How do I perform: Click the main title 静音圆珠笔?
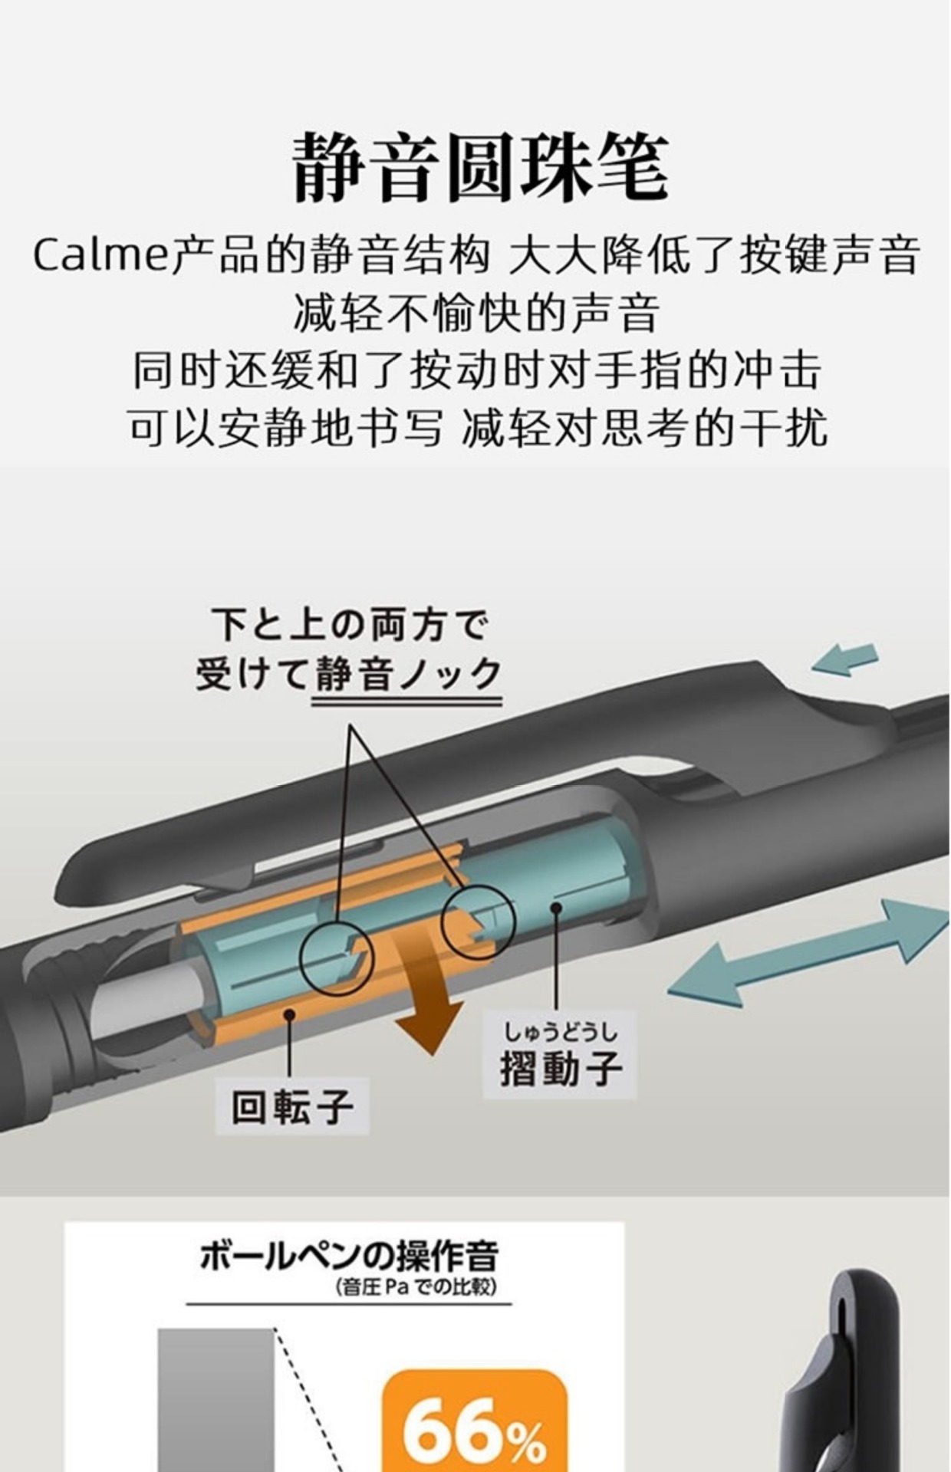click(x=479, y=167)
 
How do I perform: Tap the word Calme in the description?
click(x=100, y=255)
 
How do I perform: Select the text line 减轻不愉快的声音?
click(x=475, y=313)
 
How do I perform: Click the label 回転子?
click(x=292, y=1106)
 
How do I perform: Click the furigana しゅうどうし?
click(x=560, y=1031)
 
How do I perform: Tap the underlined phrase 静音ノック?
click(x=407, y=675)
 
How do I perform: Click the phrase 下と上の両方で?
click(x=350, y=625)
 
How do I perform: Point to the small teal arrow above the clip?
click(x=844, y=659)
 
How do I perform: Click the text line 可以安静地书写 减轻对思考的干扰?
click(x=475, y=428)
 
